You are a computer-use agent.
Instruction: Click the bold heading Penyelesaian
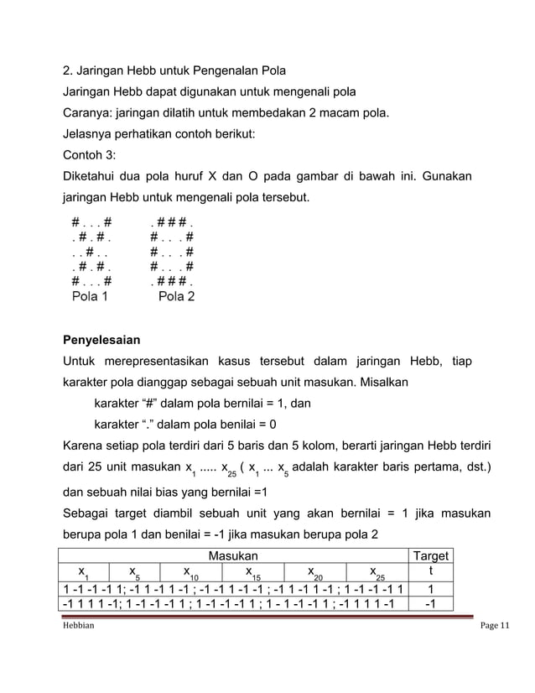pos(101,341)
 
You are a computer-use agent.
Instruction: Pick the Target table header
pos(428,555)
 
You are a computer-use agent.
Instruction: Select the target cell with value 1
pos(428,588)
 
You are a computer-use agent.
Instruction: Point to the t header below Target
pos(428,571)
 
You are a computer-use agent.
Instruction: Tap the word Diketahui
pos(93,177)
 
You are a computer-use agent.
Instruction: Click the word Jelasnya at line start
pos(91,134)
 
